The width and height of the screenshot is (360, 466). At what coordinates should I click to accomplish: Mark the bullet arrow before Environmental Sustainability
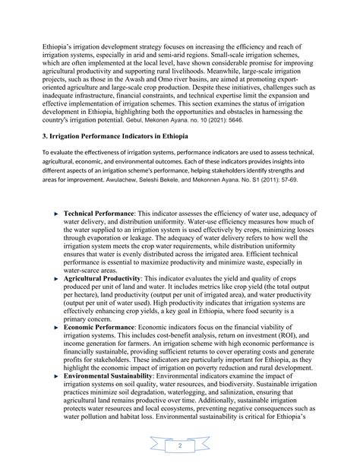56,380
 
